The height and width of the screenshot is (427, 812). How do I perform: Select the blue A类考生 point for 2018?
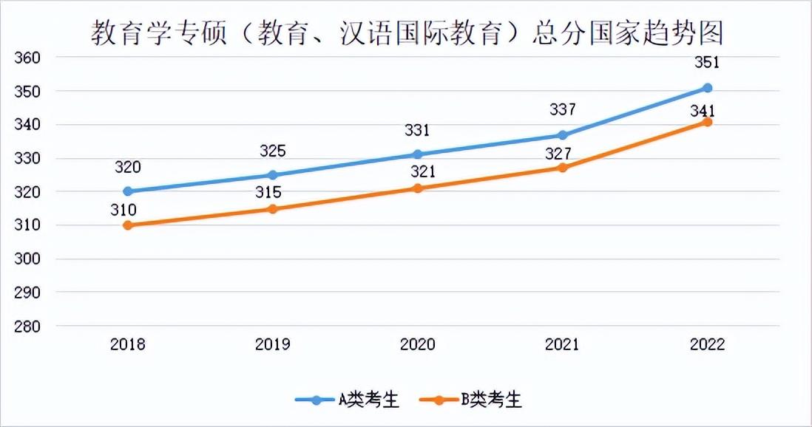[128, 191]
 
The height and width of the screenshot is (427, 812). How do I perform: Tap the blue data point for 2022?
[707, 88]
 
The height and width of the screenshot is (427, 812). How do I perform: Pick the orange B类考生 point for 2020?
[418, 188]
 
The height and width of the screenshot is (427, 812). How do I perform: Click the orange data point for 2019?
[272, 209]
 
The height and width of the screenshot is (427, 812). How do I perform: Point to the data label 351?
[707, 63]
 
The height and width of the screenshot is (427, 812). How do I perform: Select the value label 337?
[563, 110]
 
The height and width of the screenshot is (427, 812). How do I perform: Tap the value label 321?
[418, 172]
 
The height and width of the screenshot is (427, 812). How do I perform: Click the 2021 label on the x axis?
[563, 344]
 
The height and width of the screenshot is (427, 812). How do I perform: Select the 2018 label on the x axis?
[128, 344]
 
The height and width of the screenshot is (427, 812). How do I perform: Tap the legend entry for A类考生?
[348, 400]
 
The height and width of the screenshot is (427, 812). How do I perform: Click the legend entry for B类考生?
[471, 400]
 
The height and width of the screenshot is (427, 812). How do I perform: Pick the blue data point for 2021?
[563, 135]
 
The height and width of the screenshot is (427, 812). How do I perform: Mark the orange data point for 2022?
[707, 122]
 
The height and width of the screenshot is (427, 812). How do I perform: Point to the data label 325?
[272, 151]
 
